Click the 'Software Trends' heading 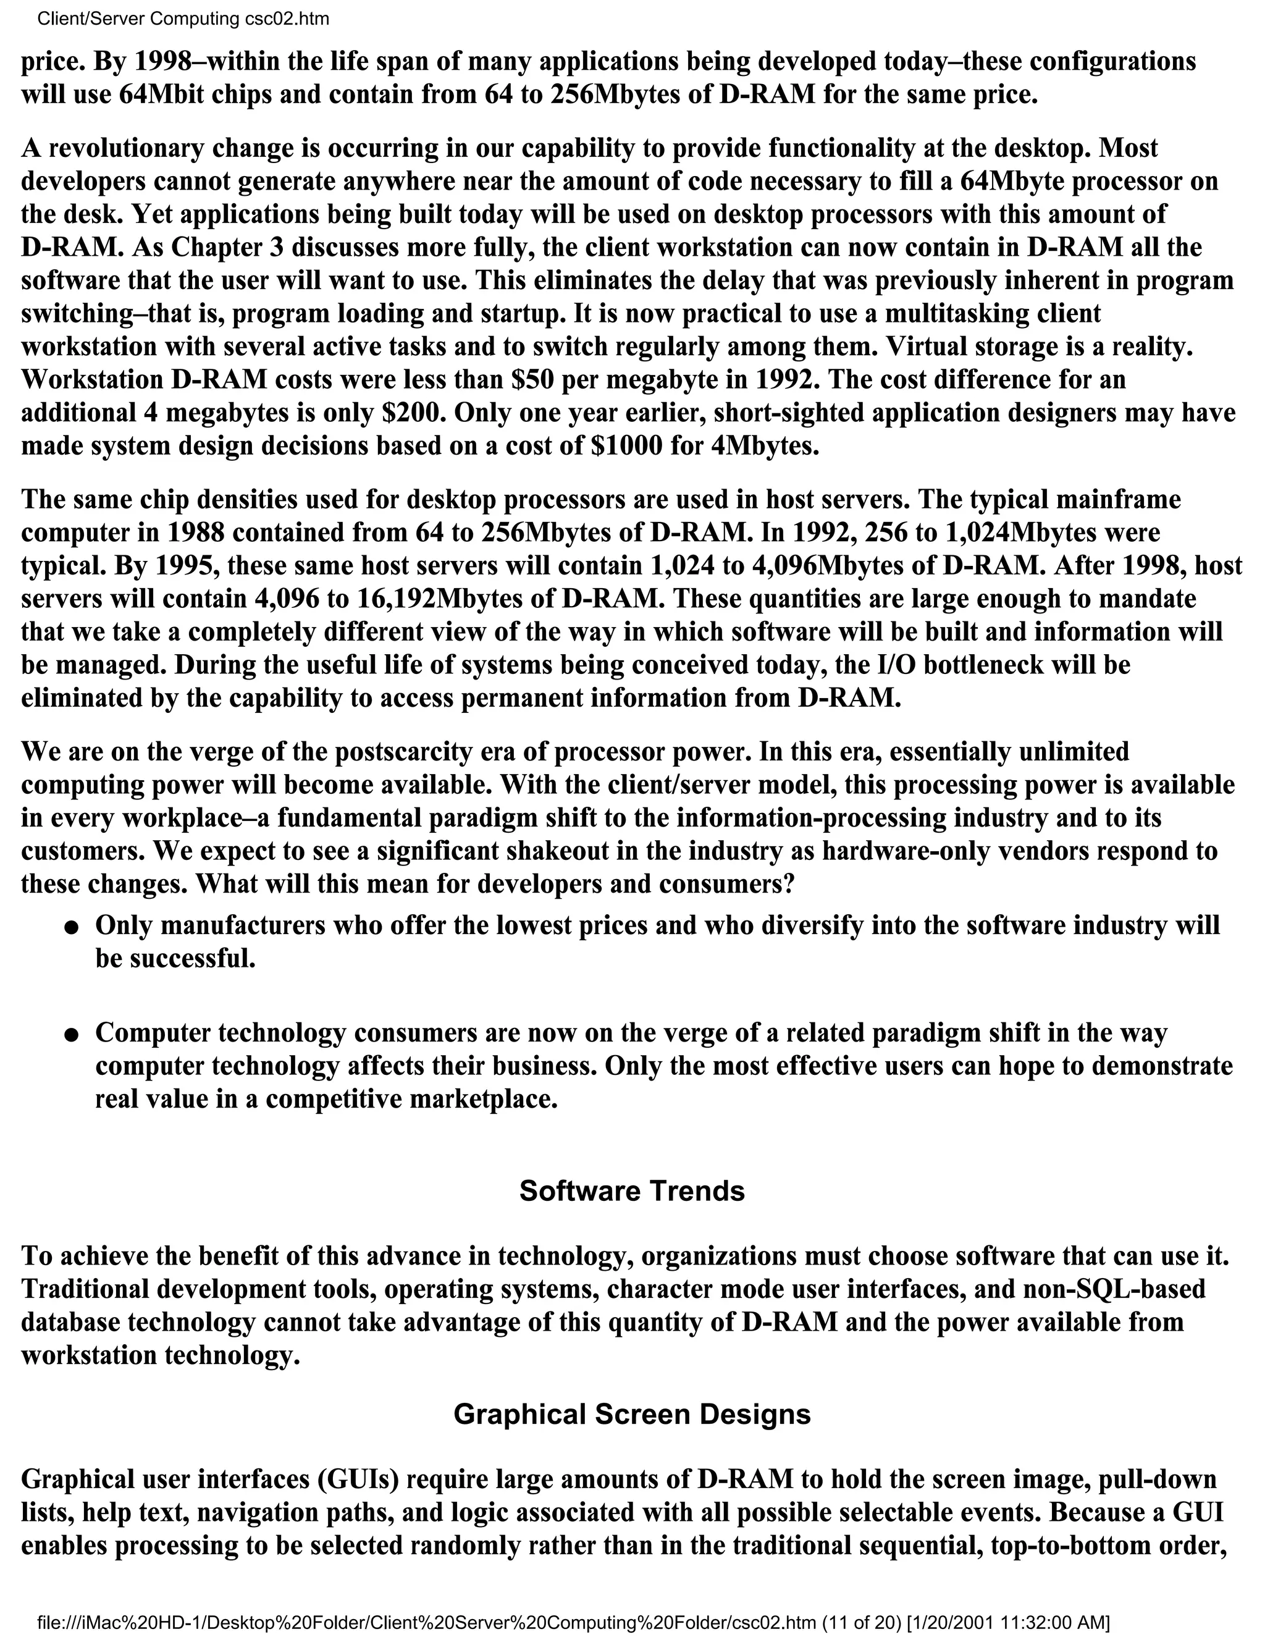[632, 1191]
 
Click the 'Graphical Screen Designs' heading [632, 1413]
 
